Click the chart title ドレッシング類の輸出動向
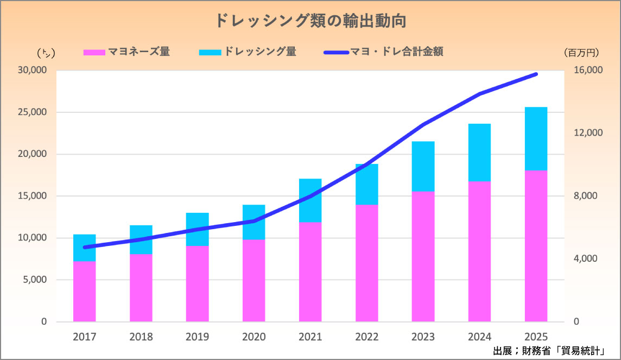[310, 21]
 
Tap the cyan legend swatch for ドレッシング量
[210, 53]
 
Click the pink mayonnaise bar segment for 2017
[85, 292]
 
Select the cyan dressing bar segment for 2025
[536, 138]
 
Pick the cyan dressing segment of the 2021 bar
[310, 200]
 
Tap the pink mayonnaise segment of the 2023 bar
[423, 256]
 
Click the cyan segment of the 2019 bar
[197, 229]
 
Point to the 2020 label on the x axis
[254, 337]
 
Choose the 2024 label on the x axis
[479, 337]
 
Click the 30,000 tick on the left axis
[33, 71]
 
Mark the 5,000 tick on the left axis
[35, 280]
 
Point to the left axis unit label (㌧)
[46, 53]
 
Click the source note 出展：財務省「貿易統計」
[549, 350]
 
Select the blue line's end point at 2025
[536, 74]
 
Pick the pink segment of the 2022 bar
[366, 263]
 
